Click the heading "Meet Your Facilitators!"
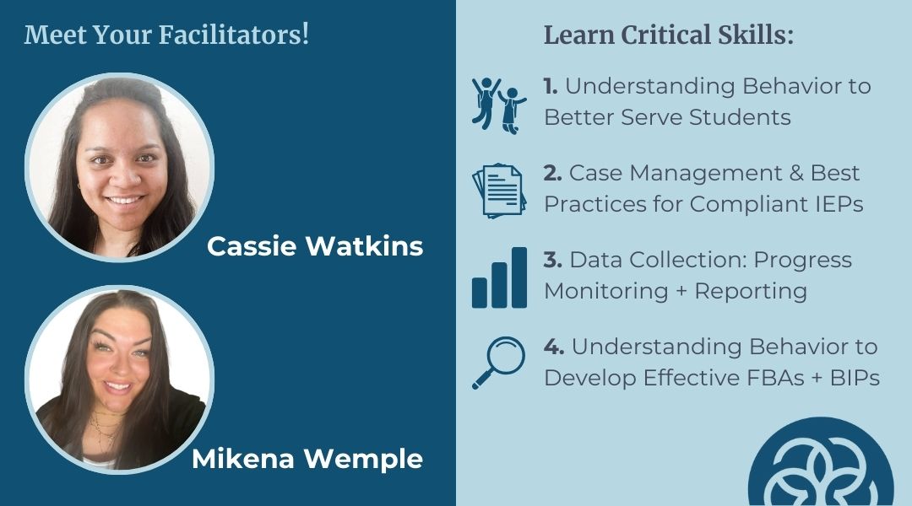pyautogui.click(x=166, y=35)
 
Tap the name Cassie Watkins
pyautogui.click(x=315, y=246)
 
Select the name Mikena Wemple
pyautogui.click(x=307, y=459)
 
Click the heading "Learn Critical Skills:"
pyautogui.click(x=668, y=35)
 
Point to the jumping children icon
pyautogui.click(x=499, y=105)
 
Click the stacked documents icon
pyautogui.click(x=499, y=191)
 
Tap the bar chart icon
pyautogui.click(x=499, y=277)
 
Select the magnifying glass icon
pyautogui.click(x=498, y=363)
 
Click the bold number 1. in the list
pyautogui.click(x=551, y=87)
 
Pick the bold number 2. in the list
pyautogui.click(x=553, y=173)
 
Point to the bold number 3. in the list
pyautogui.click(x=553, y=260)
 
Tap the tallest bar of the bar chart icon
pyautogui.click(x=518, y=277)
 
